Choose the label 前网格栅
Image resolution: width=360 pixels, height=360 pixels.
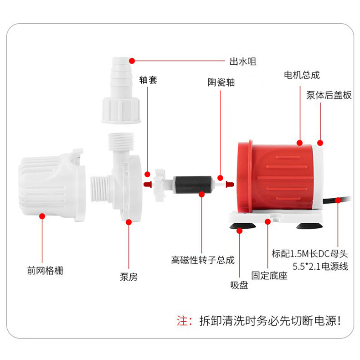click(45, 271)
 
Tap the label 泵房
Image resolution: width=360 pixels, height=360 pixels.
click(128, 277)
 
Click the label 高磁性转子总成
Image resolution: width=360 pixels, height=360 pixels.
click(203, 260)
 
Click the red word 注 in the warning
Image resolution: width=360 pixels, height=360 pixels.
click(181, 320)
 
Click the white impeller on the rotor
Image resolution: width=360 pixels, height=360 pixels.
click(160, 184)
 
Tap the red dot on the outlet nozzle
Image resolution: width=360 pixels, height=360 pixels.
click(131, 61)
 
